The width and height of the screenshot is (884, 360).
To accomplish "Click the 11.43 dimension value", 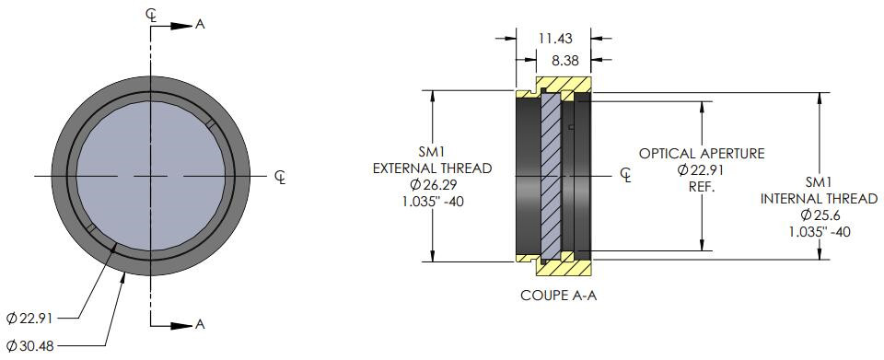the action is (x=554, y=39).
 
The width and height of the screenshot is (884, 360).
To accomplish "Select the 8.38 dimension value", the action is (x=564, y=61).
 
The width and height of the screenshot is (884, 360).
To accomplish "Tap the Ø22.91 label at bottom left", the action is (x=29, y=319).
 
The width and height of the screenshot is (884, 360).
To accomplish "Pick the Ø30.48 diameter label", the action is (x=29, y=344).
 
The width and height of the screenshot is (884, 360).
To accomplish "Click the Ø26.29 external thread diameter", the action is (x=433, y=184).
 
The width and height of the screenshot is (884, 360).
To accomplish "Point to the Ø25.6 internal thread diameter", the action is (x=819, y=215).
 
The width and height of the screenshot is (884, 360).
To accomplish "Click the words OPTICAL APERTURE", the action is (x=702, y=153).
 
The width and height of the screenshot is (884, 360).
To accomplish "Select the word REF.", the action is (x=702, y=187).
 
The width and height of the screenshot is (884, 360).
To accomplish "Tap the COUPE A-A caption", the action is (x=558, y=296).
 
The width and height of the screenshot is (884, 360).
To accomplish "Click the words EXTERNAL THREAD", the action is (x=433, y=168).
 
